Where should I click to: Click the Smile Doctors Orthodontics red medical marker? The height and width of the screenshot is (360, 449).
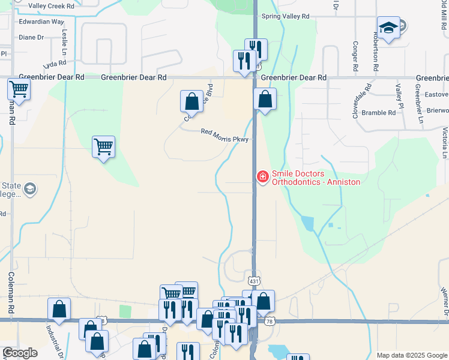click(262, 176)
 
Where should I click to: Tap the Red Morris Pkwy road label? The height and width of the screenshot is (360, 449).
click(224, 135)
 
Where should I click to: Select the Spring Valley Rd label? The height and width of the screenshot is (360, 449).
click(285, 16)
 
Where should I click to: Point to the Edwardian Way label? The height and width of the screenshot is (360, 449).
click(41, 22)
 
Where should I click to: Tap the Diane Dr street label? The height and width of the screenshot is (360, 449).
click(32, 37)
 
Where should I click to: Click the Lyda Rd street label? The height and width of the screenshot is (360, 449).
click(55, 64)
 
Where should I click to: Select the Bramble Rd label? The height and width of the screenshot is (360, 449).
click(379, 112)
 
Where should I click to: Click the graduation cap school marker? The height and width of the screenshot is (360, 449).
click(388, 28)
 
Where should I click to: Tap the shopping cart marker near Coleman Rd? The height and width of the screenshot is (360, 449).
click(19, 90)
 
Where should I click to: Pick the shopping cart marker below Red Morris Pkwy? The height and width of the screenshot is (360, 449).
click(104, 146)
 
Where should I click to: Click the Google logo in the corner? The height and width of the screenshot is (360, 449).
click(19, 353)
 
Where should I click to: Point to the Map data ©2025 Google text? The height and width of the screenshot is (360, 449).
click(412, 355)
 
